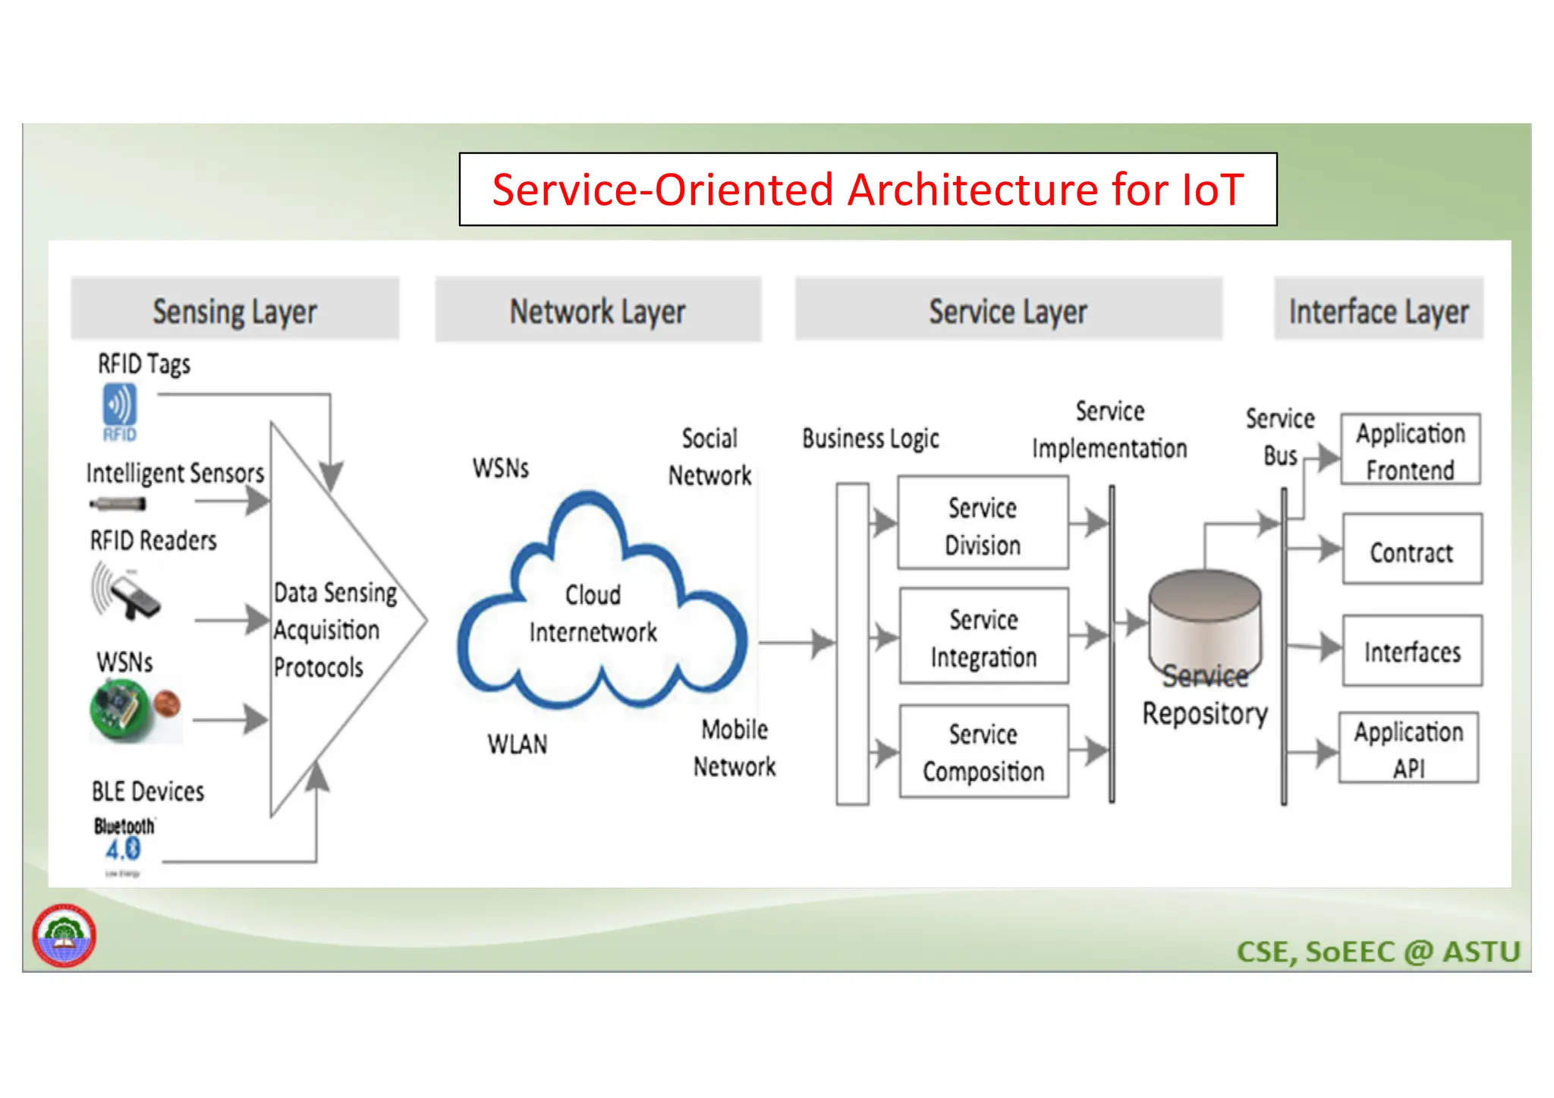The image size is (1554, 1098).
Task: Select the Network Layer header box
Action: click(x=597, y=310)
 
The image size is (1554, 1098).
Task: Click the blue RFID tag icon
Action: click(x=120, y=411)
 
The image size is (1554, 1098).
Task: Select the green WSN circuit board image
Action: click(x=121, y=709)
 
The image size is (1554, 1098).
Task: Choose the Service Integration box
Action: click(x=983, y=637)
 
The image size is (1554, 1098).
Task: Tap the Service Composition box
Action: click(x=983, y=751)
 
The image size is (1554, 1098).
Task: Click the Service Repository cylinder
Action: click(x=1204, y=618)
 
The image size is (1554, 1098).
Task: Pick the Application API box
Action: click(x=1408, y=748)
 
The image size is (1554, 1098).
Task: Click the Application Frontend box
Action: click(x=1410, y=450)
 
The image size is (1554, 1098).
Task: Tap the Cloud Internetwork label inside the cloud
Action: click(x=593, y=613)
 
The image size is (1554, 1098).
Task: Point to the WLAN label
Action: click(x=517, y=744)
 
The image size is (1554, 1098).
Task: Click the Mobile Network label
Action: click(x=735, y=747)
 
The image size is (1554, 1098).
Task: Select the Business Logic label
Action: click(x=870, y=438)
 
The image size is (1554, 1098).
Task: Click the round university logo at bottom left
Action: click(x=64, y=935)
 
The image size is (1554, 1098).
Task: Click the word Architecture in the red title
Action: click(x=972, y=190)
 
